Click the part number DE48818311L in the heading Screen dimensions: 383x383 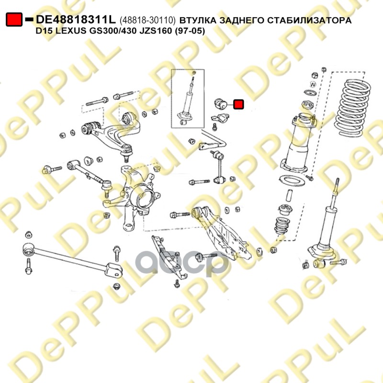(x=76, y=20)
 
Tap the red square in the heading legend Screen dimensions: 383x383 (x=14, y=20)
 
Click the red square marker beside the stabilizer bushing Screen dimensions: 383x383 (x=238, y=104)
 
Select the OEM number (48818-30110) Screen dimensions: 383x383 (x=147, y=20)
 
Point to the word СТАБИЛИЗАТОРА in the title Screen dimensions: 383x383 (x=309, y=20)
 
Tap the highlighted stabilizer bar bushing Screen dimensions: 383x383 (x=221, y=104)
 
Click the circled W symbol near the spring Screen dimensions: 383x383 (x=313, y=84)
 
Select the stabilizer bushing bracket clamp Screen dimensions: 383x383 (x=220, y=119)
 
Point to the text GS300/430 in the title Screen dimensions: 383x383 (x=112, y=31)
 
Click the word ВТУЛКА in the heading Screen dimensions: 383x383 (x=198, y=20)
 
